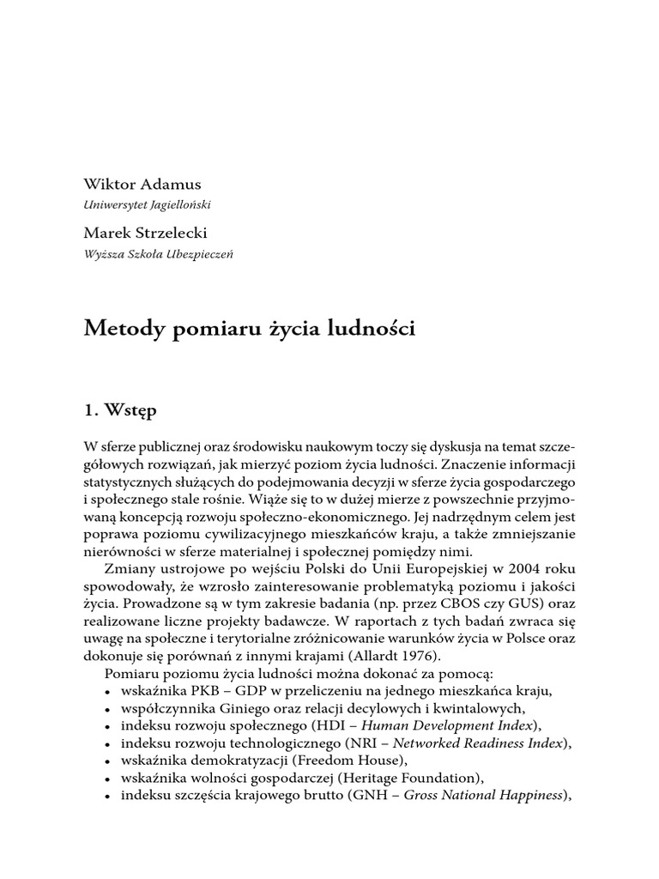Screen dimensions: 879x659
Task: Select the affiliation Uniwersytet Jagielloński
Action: [147, 205]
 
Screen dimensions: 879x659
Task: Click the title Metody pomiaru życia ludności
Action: [249, 329]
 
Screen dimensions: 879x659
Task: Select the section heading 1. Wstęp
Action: [120, 410]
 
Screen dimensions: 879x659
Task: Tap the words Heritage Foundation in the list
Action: [406, 778]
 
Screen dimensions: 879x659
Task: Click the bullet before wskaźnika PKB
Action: [106, 692]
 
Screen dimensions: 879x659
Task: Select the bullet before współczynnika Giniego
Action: [106, 709]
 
